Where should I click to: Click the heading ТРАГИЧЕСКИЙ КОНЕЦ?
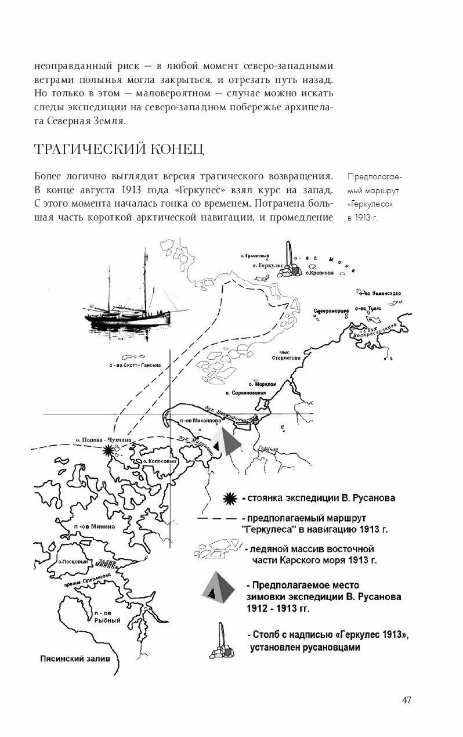(119, 149)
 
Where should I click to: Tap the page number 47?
(407, 699)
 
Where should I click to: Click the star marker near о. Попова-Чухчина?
(107, 450)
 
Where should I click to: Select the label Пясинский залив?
(74, 659)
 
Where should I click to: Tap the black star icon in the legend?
(231, 497)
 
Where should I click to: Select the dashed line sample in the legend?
(216, 518)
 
